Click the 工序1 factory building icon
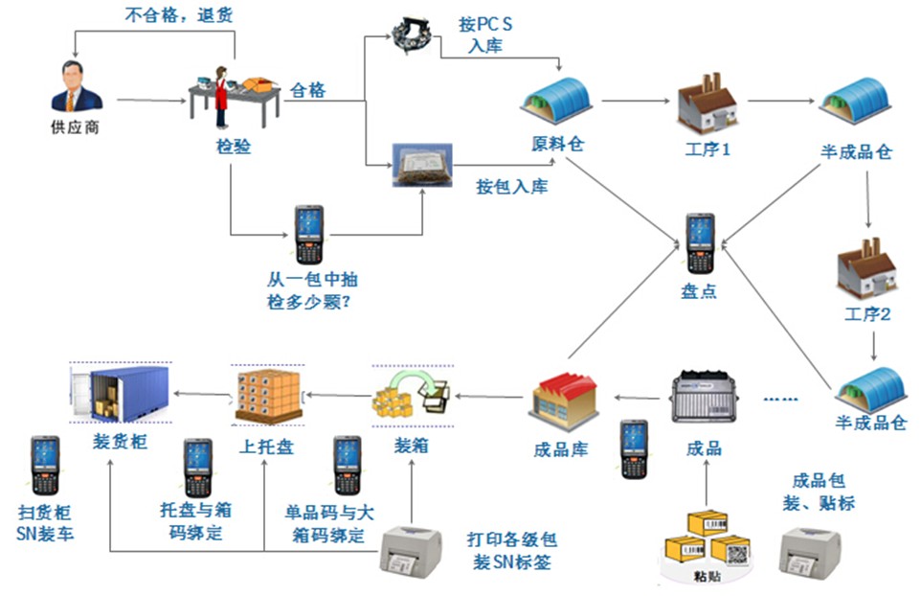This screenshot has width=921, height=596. click(707, 103)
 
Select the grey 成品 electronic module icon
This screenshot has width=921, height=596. click(706, 401)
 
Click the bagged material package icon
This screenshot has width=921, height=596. click(421, 166)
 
